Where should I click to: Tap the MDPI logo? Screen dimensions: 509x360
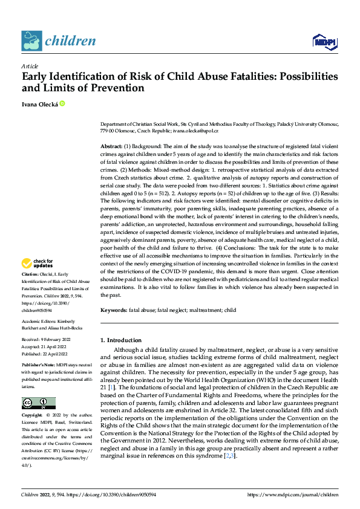(324, 41)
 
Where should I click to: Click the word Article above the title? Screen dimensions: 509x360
(30, 66)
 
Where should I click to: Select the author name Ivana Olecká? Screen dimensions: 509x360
(39, 104)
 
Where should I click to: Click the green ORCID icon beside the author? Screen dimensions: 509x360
(62, 104)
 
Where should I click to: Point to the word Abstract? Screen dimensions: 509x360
(111, 147)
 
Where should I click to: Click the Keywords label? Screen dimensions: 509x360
(113, 310)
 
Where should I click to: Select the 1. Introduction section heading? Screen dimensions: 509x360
(121, 340)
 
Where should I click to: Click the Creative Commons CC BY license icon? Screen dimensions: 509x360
(38, 403)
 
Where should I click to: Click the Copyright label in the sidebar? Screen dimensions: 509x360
(31, 416)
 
